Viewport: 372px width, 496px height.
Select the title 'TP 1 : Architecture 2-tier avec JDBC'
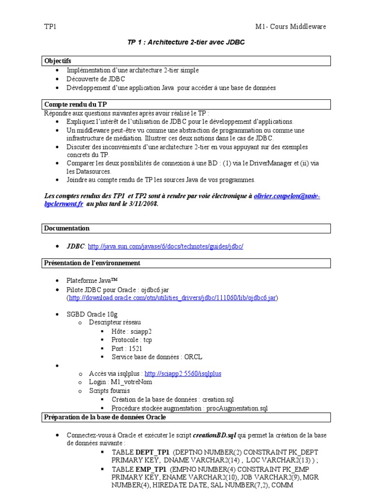click(186, 42)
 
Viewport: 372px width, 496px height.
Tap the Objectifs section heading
click(58, 61)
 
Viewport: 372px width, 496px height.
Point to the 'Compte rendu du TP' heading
click(76, 104)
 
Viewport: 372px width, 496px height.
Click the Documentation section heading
click(67, 228)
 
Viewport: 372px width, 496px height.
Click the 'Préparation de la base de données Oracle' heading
click(105, 417)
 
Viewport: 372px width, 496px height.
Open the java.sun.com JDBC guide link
click(165, 246)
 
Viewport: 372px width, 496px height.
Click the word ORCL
click(193, 357)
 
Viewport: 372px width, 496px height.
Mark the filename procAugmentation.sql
click(237, 408)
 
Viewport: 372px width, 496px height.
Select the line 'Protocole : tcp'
click(131, 340)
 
